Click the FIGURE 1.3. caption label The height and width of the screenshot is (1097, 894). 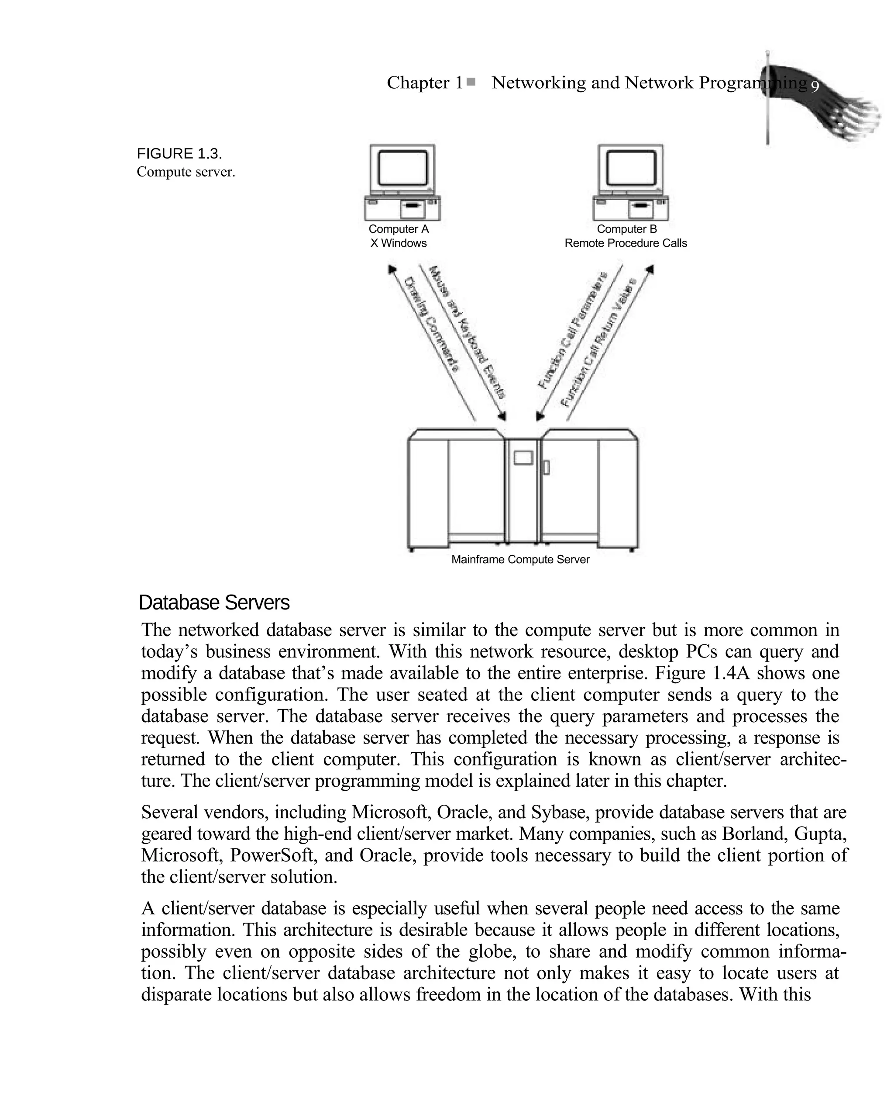[179, 153]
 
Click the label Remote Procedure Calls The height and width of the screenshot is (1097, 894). [625, 243]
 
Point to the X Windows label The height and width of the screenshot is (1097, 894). [398, 243]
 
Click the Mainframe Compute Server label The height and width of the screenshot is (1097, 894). [520, 560]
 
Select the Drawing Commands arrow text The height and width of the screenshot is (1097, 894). [432, 325]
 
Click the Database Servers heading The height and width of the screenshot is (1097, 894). [214, 603]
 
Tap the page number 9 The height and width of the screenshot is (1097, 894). [815, 87]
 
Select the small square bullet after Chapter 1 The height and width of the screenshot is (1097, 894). [471, 81]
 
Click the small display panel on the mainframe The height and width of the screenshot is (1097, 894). [523, 457]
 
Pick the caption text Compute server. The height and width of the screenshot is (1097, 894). [186, 172]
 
